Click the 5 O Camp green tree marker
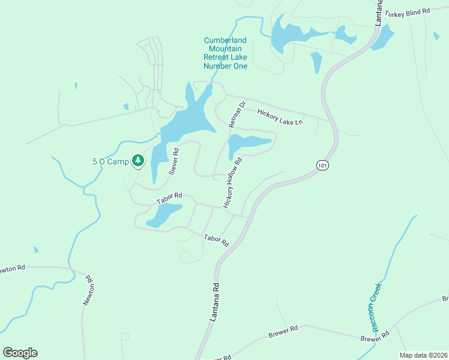(139, 161)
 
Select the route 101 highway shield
(323, 164)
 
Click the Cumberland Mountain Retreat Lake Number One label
(225, 53)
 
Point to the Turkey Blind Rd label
(408, 11)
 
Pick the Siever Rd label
(174, 162)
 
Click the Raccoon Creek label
(375, 308)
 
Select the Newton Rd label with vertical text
(88, 290)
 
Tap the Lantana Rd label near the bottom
(214, 303)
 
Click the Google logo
(20, 353)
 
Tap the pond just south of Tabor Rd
(163, 215)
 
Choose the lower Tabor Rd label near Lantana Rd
(216, 241)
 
